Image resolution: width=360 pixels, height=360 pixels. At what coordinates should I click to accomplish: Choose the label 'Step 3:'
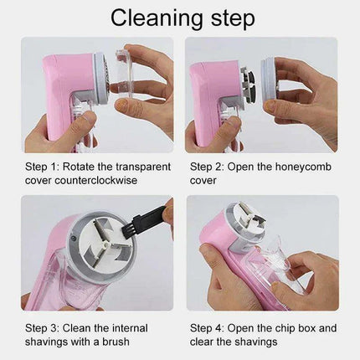44,327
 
